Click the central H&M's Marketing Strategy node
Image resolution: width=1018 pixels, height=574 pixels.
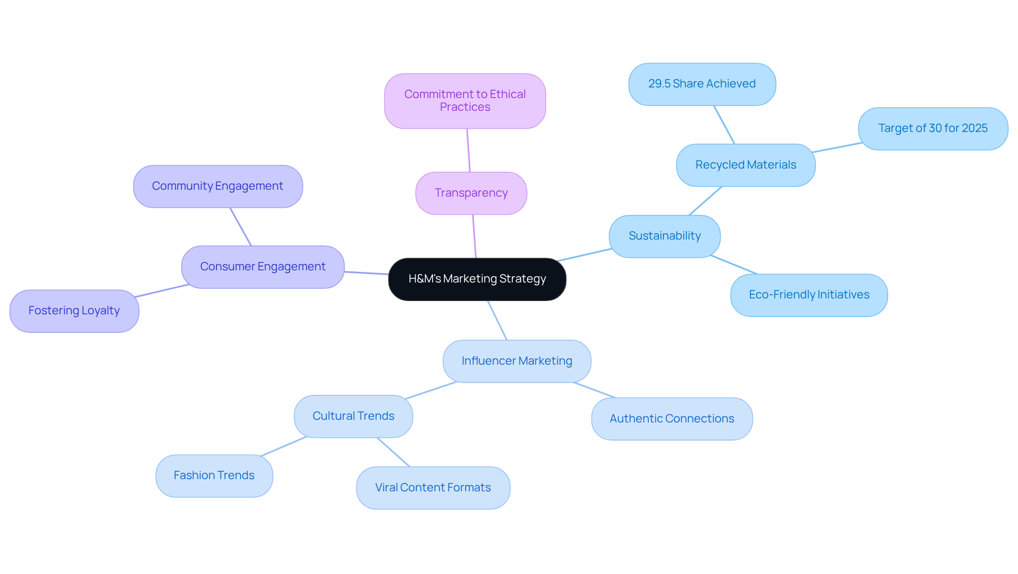coord(477,279)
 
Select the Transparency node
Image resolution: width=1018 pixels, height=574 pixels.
coord(471,193)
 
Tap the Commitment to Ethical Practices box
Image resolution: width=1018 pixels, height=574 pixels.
coord(465,101)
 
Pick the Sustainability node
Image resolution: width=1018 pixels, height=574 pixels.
coord(664,236)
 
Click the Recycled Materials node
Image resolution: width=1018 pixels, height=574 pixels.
coord(745,165)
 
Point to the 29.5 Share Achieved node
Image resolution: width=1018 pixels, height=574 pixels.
coord(701,84)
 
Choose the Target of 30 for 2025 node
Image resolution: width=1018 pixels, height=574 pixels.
coord(933,128)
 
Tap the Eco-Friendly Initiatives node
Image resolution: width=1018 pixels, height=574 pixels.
coord(809,295)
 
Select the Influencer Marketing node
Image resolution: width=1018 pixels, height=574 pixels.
coord(516,361)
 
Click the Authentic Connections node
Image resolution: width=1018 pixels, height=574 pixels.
coord(671,419)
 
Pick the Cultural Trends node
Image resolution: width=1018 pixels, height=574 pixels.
coord(353,416)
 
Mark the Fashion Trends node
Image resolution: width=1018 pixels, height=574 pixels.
coord(214,475)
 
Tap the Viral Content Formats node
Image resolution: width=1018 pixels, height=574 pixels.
coord(433,488)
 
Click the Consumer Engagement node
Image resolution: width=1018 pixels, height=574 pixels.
coord(262,267)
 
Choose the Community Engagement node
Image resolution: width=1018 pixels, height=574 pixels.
coord(217,186)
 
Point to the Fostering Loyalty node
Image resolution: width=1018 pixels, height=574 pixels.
coord(74,311)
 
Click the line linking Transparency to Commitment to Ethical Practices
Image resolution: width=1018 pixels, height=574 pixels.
coord(468,150)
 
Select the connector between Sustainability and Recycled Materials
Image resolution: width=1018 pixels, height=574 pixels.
coord(705,201)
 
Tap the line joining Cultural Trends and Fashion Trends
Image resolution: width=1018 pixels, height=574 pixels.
coord(284,446)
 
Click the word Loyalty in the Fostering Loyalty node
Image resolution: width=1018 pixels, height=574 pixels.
coord(100,311)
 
